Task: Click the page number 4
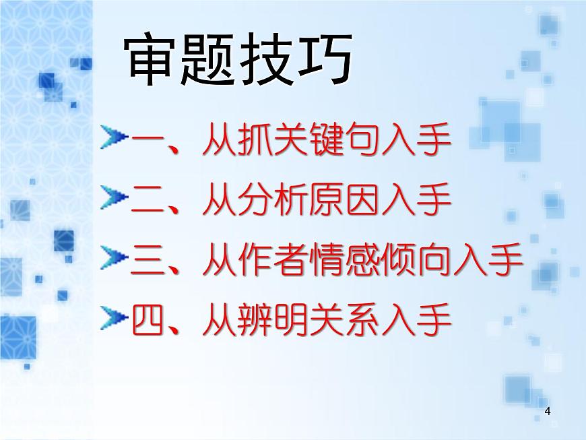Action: [x=547, y=411]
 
